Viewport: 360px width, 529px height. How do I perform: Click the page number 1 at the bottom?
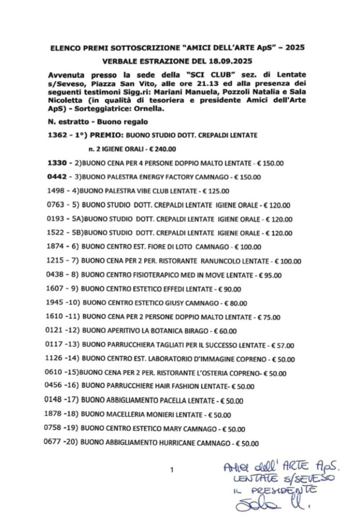(172, 470)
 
